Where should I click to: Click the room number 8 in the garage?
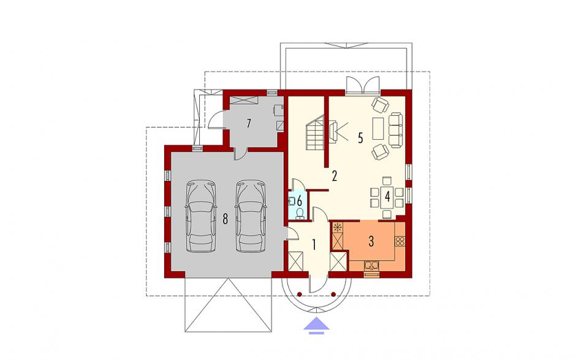225,219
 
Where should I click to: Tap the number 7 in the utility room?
249,123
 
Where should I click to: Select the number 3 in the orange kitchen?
371,242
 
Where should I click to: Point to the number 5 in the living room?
360,138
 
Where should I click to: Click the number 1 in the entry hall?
314,245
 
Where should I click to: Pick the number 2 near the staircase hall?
335,176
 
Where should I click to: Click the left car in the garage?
200,216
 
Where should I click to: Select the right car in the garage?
250,216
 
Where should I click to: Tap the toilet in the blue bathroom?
300,213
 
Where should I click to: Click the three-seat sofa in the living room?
396,130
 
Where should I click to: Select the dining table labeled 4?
387,197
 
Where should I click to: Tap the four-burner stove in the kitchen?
400,241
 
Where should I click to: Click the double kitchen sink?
373,265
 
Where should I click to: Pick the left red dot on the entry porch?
300,294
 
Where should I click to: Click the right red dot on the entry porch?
333,294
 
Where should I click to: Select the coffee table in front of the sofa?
378,128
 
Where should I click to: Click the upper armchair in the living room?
380,104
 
